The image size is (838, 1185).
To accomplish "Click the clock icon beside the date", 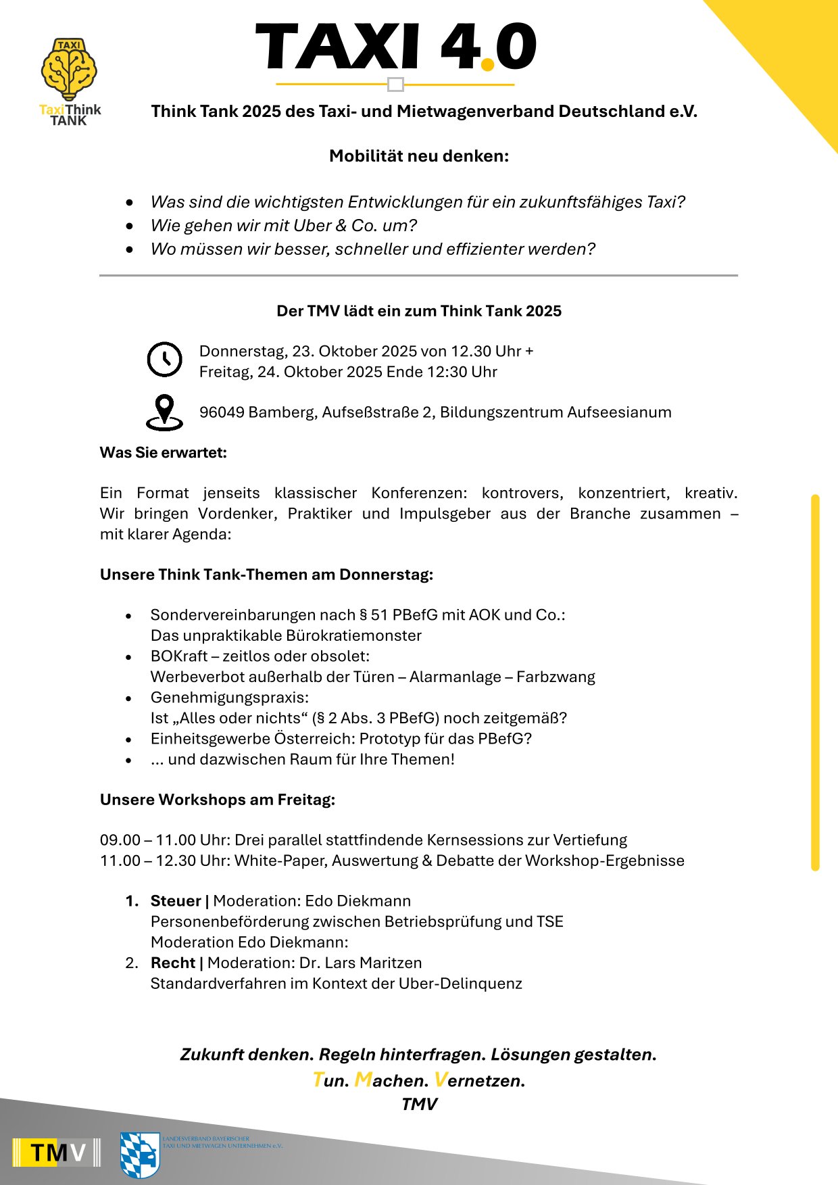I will point(164,360).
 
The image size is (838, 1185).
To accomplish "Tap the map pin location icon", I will point(164,412).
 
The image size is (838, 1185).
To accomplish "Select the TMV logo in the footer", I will point(57,1152).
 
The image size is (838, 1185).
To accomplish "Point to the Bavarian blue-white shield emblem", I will point(140,1155).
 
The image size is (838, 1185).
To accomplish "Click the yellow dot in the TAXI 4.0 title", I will point(487,64).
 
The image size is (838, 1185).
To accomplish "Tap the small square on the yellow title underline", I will point(396,84).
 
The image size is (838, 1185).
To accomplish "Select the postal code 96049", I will point(222,412).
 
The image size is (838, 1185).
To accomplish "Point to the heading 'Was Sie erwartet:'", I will point(164,453).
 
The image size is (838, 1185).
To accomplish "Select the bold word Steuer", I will point(176,901).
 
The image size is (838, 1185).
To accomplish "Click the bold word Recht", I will point(173,963).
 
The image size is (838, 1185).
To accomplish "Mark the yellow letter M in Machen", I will point(363,1080).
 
